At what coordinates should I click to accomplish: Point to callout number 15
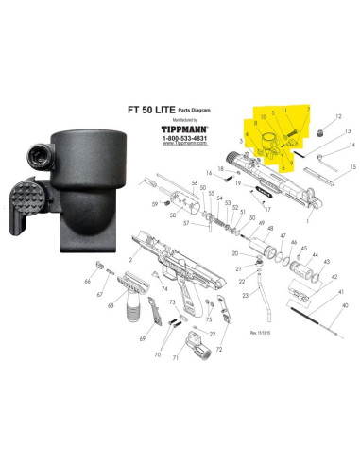tap(352, 166)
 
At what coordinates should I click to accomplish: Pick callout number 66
tap(87, 282)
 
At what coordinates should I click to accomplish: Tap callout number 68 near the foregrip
tap(111, 305)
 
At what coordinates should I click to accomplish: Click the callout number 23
tap(244, 296)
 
